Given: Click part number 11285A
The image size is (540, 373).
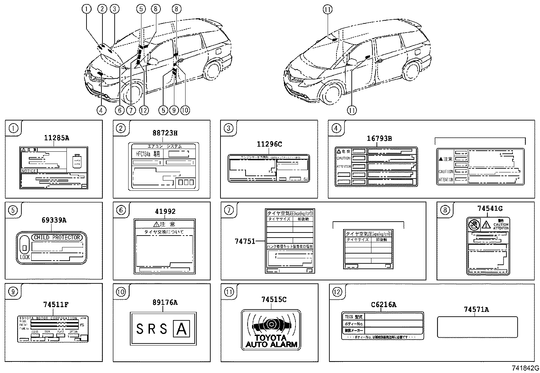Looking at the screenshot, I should pos(57,138).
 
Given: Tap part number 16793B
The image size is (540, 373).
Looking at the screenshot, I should pos(379,138).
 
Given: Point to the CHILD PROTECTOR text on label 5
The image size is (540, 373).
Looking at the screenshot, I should pos(57,238).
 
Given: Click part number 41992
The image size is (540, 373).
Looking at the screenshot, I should pos(165,211).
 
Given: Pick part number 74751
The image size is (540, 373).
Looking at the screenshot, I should pos(245,242).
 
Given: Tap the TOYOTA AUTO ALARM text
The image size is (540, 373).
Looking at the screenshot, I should pos(271,341).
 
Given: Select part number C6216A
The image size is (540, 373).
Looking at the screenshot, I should pos(383,305).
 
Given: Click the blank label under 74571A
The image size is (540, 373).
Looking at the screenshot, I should pos(477,327).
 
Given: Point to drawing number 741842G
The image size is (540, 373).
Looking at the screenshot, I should pos(525,368).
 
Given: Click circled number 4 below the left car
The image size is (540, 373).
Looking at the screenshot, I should pos(101,110).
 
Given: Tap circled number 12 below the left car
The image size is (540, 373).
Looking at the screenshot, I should pos(144,110).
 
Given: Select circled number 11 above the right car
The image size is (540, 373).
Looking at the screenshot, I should pos(327,10).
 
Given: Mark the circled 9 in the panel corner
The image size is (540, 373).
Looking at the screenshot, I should pos(13,292).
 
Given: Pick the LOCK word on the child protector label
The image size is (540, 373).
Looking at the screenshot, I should pos(25,257).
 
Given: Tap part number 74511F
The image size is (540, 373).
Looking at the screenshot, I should pos(56,305).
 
